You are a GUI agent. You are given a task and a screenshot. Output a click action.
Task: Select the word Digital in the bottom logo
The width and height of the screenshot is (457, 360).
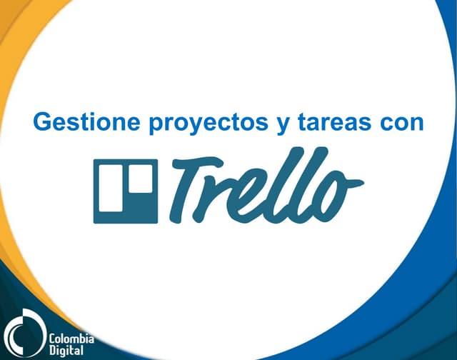[x=66, y=350]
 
